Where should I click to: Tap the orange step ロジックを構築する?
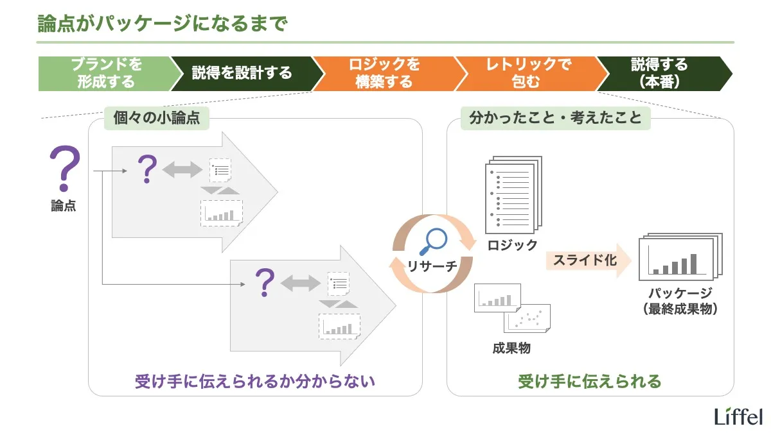[x=384, y=73]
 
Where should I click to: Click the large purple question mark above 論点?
[x=64, y=169]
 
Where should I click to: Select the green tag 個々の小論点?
[x=156, y=119]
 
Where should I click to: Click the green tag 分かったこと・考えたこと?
[x=555, y=119]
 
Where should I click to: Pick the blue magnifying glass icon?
[x=432, y=242]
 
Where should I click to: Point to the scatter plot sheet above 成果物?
[x=528, y=318]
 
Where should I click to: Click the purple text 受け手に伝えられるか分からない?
[x=254, y=382]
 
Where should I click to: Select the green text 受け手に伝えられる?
[x=589, y=382]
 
